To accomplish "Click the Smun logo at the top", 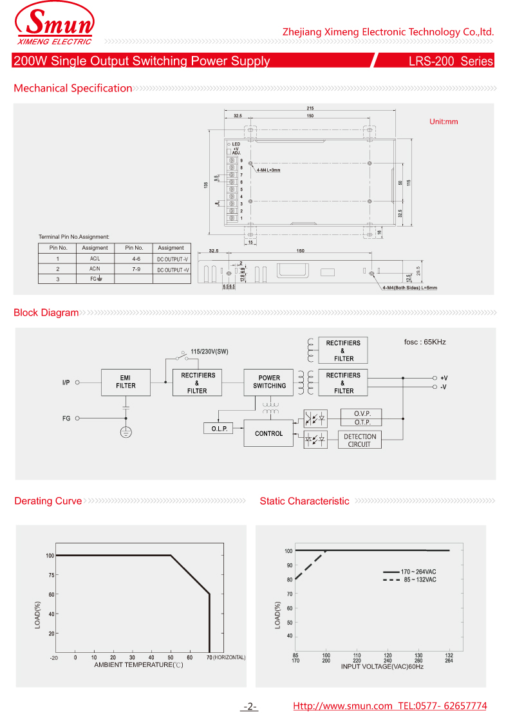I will pyautogui.click(x=54, y=26).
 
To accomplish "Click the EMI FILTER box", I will pyautogui.click(x=126, y=382).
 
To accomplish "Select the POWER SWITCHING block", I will pyautogui.click(x=269, y=382).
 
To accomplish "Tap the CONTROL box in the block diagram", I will pyautogui.click(x=268, y=433).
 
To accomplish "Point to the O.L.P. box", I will pyautogui.click(x=219, y=429).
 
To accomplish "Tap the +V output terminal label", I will pyautogui.click(x=444, y=378).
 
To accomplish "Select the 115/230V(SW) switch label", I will pyautogui.click(x=209, y=352).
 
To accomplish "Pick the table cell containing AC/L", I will pyautogui.click(x=95, y=258).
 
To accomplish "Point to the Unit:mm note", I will pyautogui.click(x=444, y=122).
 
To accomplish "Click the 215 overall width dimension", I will pyautogui.click(x=310, y=108).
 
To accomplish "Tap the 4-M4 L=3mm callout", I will pyautogui.click(x=268, y=170).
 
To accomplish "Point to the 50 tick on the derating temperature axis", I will pyautogui.click(x=171, y=657).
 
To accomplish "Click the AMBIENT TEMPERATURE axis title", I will pyautogui.click(x=138, y=664).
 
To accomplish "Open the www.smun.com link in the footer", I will pyautogui.click(x=342, y=706).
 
